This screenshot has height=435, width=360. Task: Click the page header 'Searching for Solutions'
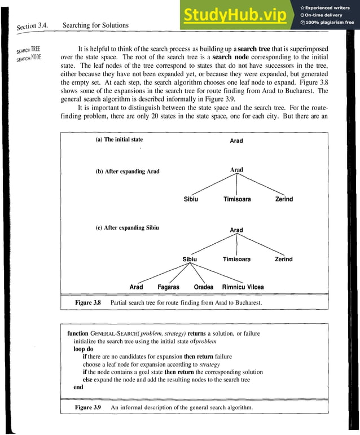95,25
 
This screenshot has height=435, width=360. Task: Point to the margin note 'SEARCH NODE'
29,58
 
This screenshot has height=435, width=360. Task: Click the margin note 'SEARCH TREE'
29,50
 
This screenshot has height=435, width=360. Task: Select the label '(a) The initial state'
119,139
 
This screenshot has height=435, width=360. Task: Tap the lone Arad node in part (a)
236,141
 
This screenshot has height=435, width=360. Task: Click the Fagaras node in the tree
168,287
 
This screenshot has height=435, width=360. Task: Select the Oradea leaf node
204,287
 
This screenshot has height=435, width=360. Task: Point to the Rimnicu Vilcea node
243,287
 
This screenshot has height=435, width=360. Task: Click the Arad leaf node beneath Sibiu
136,287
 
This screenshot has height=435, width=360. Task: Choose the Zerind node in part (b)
284,199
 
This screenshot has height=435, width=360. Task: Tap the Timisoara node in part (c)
236,260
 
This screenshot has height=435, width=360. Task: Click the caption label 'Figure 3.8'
87,303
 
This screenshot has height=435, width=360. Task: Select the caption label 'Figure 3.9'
87,407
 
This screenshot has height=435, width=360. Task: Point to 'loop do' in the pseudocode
80,349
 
